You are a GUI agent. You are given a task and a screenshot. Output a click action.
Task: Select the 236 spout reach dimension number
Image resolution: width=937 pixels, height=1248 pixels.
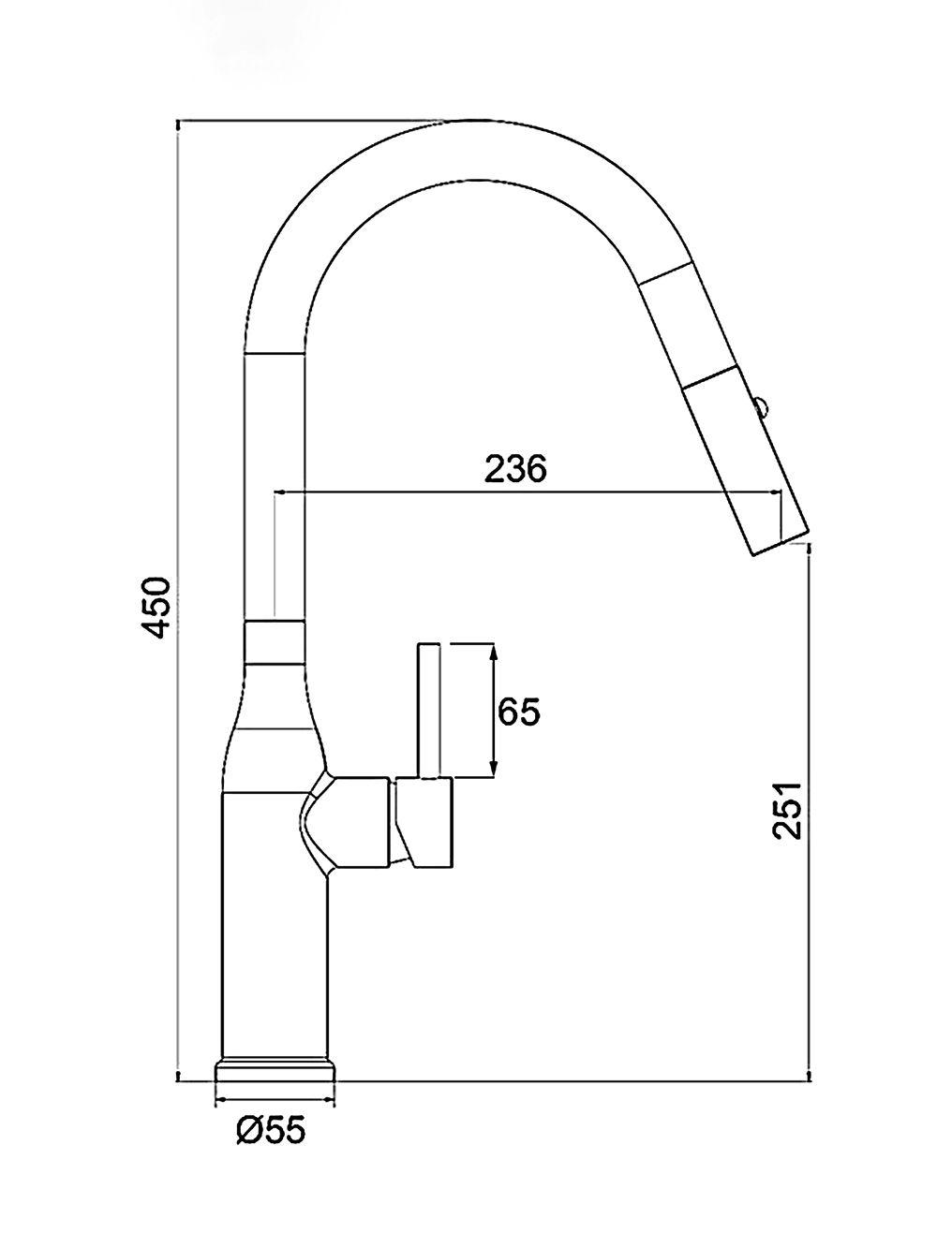point(514,468)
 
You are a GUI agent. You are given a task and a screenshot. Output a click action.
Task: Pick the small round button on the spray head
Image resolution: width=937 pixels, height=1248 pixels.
point(761,407)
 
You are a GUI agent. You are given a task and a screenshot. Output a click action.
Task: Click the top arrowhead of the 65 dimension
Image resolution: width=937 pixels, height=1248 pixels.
point(494,652)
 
